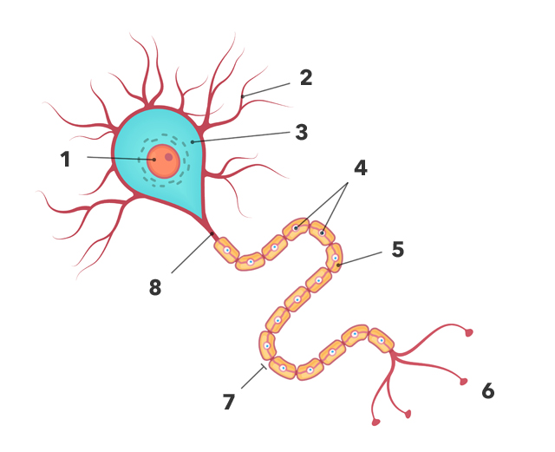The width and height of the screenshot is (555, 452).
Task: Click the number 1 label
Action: pyautogui.click(x=65, y=159)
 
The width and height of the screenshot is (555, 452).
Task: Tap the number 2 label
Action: pyautogui.click(x=305, y=77)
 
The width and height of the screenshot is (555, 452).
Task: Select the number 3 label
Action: pyautogui.click(x=301, y=132)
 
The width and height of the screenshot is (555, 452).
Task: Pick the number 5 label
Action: pyautogui.click(x=397, y=249)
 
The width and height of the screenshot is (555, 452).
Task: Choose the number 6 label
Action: pyautogui.click(x=487, y=391)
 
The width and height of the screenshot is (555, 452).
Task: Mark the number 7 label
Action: pyautogui.click(x=229, y=401)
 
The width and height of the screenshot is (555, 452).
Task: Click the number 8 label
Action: pyautogui.click(x=155, y=287)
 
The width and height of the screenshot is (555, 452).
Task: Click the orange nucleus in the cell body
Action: pyautogui.click(x=163, y=160)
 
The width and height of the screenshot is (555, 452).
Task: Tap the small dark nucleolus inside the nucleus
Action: pyautogui.click(x=168, y=157)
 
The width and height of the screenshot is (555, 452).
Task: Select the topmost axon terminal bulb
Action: pyautogui.click(x=469, y=331)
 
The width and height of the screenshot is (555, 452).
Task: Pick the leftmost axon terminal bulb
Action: pyautogui.click(x=375, y=423)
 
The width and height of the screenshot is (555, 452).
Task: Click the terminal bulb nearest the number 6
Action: pyautogui.click(x=464, y=382)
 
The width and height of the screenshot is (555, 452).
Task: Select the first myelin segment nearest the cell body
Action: pyautogui.click(x=225, y=250)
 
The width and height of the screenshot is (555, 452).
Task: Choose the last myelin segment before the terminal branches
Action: pyautogui.click(x=380, y=340)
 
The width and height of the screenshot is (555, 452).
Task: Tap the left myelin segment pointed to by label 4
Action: pyautogui.click(x=296, y=228)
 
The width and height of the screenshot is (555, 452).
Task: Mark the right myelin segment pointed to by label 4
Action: pyautogui.click(x=322, y=233)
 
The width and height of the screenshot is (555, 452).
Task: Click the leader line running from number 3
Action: pyautogui.click(x=243, y=137)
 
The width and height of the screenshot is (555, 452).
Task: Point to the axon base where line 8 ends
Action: pyautogui.click(x=212, y=233)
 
